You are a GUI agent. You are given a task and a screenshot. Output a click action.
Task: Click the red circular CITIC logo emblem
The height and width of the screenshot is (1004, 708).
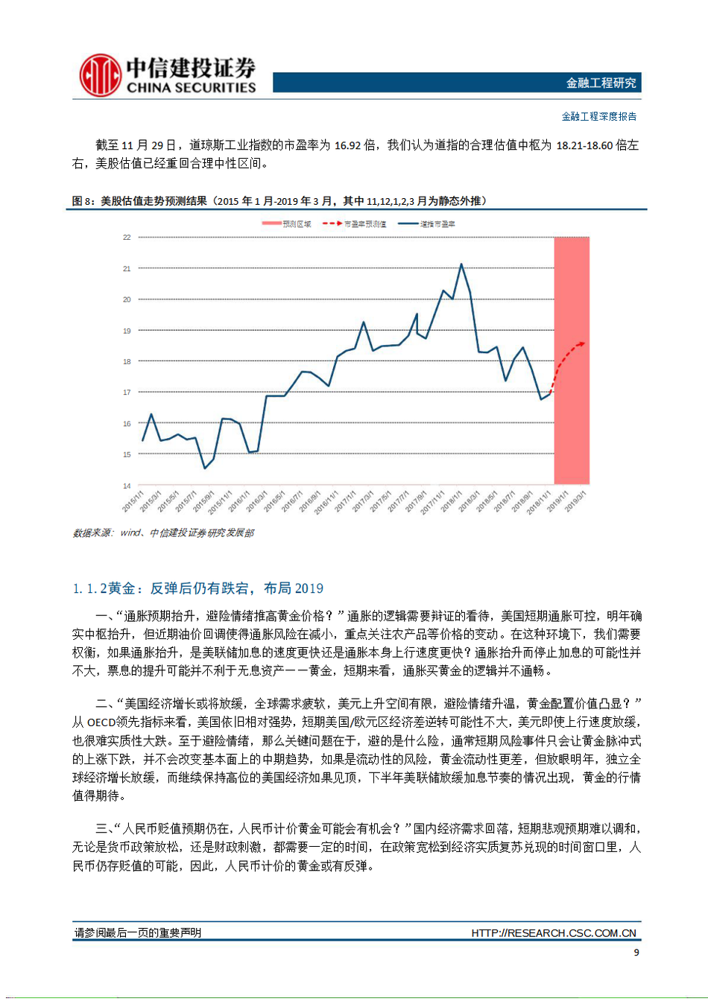100,74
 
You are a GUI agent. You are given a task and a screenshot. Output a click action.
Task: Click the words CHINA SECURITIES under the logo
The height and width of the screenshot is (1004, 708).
191,88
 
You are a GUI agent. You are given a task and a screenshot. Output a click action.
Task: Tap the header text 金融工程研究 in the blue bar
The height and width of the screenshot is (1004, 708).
601,83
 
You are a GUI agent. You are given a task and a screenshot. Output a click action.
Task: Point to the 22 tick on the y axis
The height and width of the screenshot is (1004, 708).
127,238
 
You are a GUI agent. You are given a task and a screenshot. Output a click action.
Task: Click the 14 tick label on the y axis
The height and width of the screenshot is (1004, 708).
127,486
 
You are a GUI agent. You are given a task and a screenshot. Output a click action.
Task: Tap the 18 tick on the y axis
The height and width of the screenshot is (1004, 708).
127,361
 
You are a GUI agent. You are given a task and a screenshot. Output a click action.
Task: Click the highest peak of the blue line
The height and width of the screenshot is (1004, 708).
461,264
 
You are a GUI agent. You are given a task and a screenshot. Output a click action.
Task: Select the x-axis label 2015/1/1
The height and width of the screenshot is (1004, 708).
133,501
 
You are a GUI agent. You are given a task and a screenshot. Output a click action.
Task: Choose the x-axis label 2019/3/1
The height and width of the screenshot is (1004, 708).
575,501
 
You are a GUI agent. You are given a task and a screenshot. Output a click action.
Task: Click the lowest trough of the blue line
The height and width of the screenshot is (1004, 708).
205,468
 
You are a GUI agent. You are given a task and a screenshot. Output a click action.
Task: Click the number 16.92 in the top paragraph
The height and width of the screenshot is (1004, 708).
347,145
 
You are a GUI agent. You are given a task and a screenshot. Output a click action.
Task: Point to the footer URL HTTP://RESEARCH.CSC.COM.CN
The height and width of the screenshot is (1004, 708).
553,932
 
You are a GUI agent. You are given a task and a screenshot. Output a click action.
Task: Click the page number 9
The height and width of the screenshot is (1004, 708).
636,953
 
